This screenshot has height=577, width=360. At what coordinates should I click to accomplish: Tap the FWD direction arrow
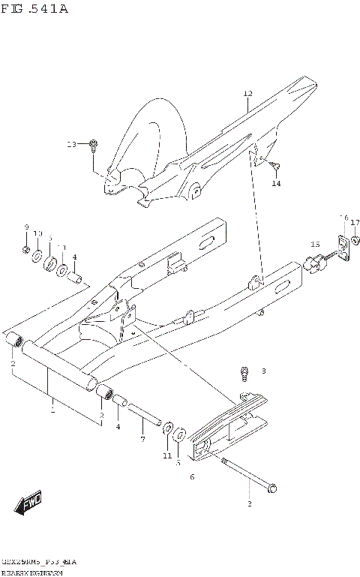[x=31, y=503]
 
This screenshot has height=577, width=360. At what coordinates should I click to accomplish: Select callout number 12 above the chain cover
[x=247, y=95]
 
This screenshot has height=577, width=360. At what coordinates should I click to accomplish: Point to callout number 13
[x=71, y=143]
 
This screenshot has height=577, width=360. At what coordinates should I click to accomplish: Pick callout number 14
[x=276, y=183]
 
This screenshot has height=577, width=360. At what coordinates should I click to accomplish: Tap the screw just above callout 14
[x=275, y=167]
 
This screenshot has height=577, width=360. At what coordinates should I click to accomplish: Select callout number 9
[x=25, y=227]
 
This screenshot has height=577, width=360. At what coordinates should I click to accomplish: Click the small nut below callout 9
[x=25, y=248]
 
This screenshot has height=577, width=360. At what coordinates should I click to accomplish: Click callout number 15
[x=315, y=244]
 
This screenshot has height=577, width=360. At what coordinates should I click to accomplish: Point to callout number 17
[x=355, y=222]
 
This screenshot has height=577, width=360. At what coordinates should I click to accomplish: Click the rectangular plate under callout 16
[x=343, y=246]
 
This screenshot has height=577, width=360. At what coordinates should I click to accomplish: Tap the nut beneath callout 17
[x=355, y=240]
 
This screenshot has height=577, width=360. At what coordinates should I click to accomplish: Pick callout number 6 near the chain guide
[x=192, y=476]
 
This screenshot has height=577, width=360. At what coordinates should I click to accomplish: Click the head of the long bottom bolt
[x=271, y=488]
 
